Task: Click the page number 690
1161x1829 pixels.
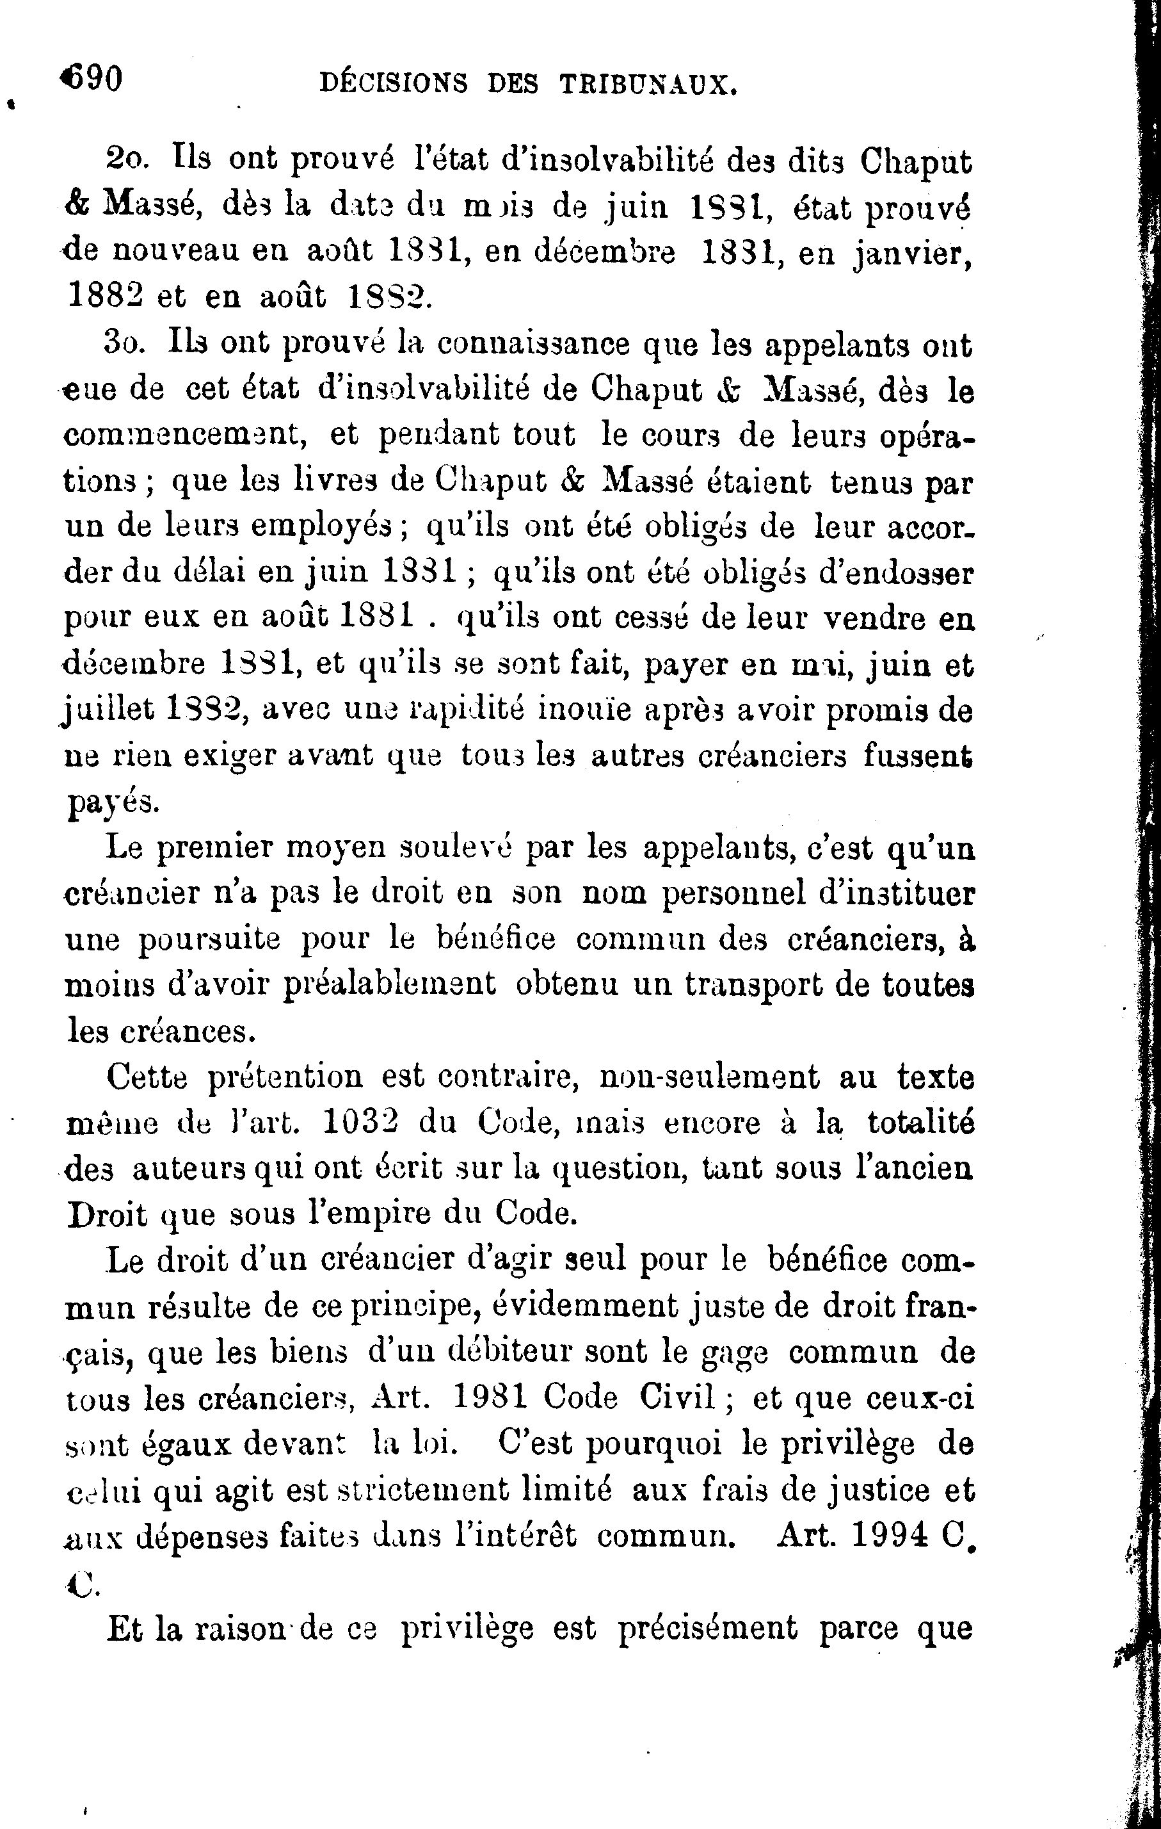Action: [x=93, y=79]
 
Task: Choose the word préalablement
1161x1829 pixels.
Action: [x=390, y=984]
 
